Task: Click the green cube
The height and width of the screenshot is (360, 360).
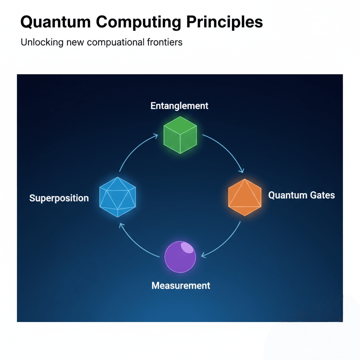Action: coord(180,135)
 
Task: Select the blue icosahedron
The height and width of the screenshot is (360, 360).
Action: coord(117,197)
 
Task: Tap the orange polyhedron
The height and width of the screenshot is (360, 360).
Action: coord(245,197)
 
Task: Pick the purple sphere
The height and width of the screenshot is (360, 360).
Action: coord(180,257)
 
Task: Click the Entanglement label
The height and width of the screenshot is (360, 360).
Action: coord(179,105)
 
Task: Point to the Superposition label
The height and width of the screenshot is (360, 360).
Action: coord(59,198)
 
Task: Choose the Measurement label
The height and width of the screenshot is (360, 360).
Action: coord(181,285)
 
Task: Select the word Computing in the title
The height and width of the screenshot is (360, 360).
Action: coord(139,22)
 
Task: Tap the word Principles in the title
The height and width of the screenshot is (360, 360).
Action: coord(224,22)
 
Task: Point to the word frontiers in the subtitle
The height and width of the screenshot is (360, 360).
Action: coord(165,42)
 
